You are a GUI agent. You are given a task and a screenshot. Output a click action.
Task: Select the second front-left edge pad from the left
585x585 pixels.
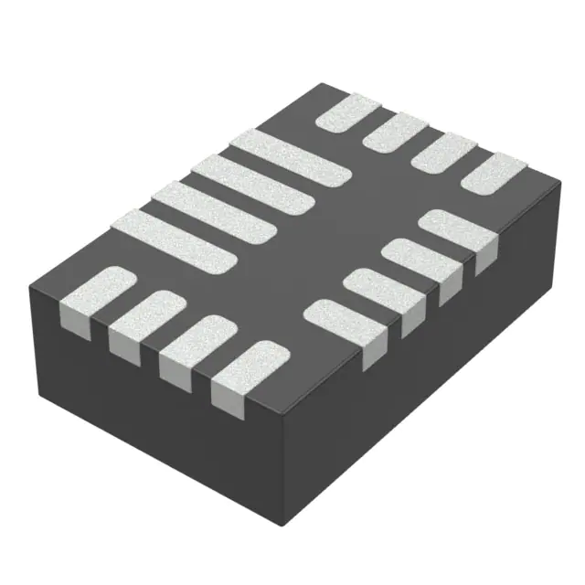pyautogui.click(x=145, y=319)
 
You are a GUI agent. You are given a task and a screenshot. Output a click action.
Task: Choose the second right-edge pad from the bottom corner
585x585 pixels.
pyautogui.click(x=385, y=292)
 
